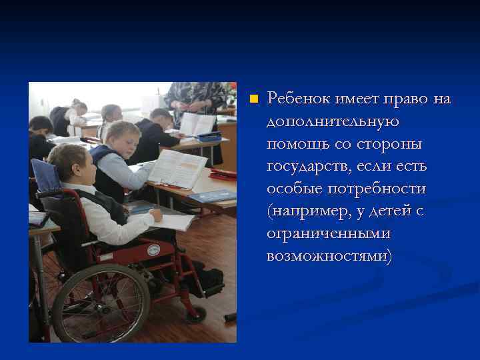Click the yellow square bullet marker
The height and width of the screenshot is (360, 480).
coord(253,99)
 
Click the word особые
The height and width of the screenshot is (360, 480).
coord(294,189)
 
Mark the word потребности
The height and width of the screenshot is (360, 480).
coord(376,189)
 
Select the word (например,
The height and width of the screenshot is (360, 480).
coord(306,212)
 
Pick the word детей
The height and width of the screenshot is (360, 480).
coord(390,212)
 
